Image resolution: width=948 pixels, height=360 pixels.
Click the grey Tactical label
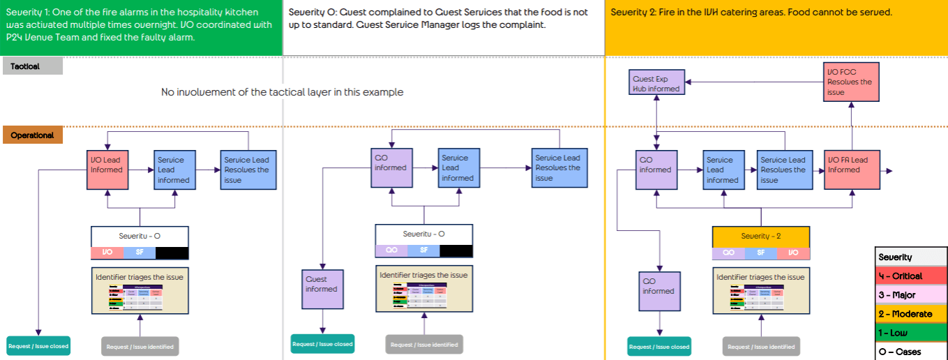pyautogui.click(x=33, y=66)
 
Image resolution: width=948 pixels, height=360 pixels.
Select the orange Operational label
pyautogui.click(x=33, y=135)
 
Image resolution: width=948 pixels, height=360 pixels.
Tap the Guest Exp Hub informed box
pyautogui.click(x=656, y=83)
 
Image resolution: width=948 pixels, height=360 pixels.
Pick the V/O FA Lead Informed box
pyautogui.click(x=851, y=170)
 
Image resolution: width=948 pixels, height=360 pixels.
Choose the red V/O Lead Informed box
pyautogui.click(x=108, y=170)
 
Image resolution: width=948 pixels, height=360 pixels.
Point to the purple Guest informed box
pyautogui.click(x=322, y=289)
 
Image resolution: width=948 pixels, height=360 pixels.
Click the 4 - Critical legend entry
pyautogui.click(x=911, y=276)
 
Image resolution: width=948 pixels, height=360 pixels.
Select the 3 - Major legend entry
pyautogui.click(x=911, y=295)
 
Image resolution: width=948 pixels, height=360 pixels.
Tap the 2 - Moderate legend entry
pyautogui.click(x=911, y=314)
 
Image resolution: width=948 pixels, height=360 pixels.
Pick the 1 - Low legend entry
pyautogui.click(x=911, y=333)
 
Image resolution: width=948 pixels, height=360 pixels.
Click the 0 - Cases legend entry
pyautogui.click(x=911, y=352)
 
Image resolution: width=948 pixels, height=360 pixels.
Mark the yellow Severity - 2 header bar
pyautogui.click(x=760, y=236)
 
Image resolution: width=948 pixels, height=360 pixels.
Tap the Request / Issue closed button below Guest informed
pyautogui.click(x=322, y=344)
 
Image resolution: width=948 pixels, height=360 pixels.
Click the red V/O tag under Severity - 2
pyautogui.click(x=792, y=253)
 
